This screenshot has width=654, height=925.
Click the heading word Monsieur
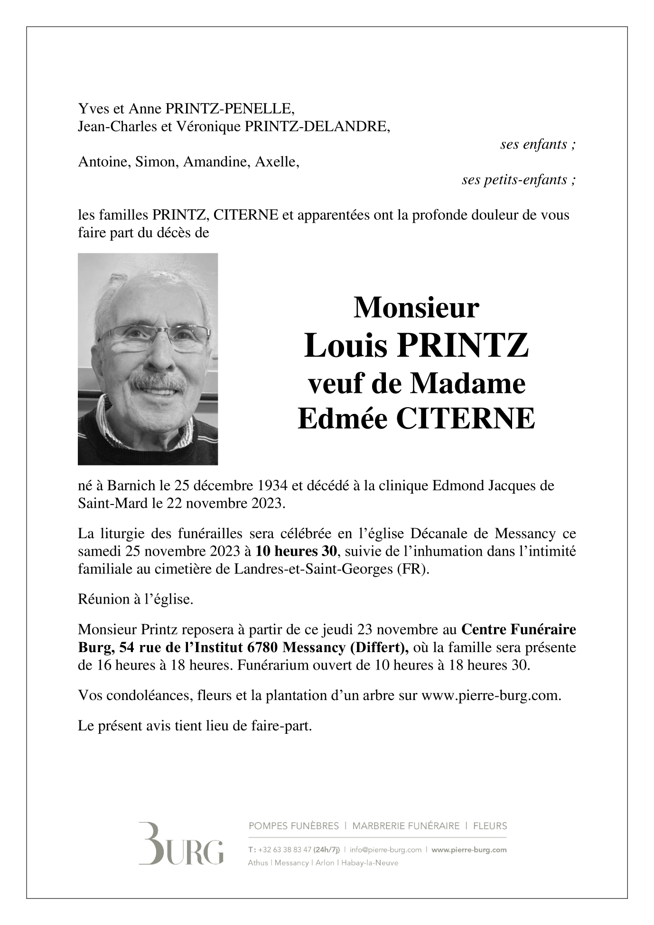tap(416, 308)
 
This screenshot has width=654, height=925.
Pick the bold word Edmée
tap(343, 418)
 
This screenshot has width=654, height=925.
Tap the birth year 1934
tap(269, 486)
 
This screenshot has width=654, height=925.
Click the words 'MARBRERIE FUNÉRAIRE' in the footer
tap(406, 826)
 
